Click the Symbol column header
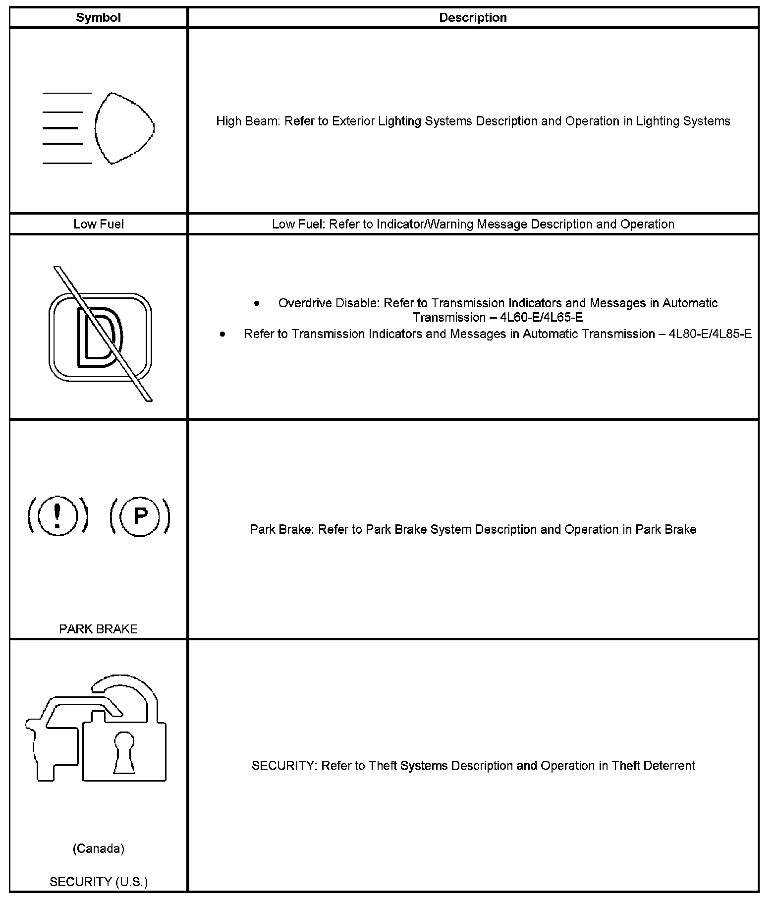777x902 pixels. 98,18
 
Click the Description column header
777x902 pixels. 473,18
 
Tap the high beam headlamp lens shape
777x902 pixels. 123,128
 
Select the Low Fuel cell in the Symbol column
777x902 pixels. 99,224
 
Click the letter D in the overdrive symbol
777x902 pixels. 99,338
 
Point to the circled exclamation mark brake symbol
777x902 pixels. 58,515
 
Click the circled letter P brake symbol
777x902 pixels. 140,515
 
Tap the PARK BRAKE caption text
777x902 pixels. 98,629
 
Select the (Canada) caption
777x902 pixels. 98,849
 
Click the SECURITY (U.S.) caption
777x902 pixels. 99,882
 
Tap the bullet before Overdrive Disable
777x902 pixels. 256,303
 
